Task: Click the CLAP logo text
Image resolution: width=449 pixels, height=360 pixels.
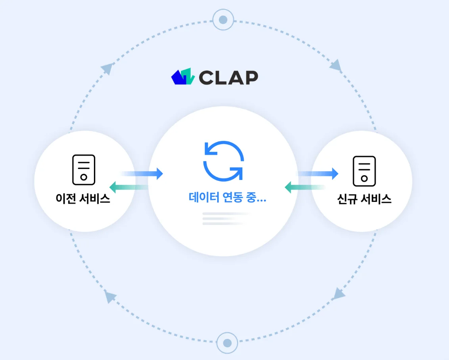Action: click(228, 77)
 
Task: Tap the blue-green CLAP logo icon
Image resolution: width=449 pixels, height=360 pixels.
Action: click(183, 77)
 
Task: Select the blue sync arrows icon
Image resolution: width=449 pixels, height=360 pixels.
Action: click(223, 161)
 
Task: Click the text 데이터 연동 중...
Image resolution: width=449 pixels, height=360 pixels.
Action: click(227, 198)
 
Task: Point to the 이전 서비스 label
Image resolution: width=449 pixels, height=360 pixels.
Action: click(83, 199)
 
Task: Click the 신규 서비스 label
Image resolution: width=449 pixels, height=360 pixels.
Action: click(364, 199)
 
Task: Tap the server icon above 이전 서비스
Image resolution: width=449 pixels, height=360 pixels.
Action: click(84, 170)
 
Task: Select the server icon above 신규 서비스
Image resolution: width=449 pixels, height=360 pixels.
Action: click(364, 171)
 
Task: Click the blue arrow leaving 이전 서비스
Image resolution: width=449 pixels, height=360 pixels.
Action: click(143, 174)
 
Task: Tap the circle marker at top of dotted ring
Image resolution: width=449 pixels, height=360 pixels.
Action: click(223, 19)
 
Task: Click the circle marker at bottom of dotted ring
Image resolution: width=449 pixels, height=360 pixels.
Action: click(227, 343)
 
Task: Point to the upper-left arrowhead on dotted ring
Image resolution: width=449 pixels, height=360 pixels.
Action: click(107, 69)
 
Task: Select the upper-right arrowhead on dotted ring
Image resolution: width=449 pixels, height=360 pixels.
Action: click(336, 65)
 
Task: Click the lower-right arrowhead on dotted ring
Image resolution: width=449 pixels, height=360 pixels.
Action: click(339, 294)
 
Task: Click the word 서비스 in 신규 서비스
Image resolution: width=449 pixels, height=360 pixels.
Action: click(376, 199)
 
